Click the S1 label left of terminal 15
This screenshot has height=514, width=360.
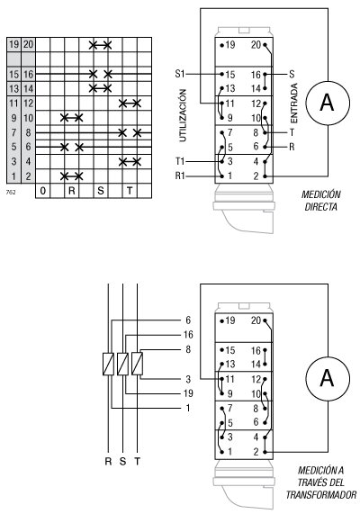tap(180, 74)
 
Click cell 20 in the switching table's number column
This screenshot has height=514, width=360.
tap(29, 44)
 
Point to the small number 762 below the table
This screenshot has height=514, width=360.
tap(10, 192)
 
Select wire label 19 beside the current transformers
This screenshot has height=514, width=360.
tap(189, 393)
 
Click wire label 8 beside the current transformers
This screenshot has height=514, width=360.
tap(188, 348)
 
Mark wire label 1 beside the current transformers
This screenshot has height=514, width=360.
tap(188, 409)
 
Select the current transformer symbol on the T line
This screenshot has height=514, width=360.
tap(136, 364)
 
